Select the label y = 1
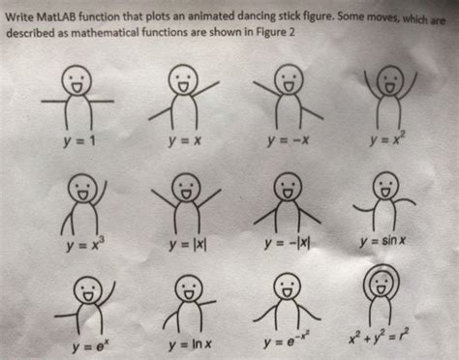[79, 141]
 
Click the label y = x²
[388, 139]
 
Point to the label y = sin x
[382, 241]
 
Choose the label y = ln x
[190, 344]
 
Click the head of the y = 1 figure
[76, 80]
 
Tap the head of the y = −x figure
[289, 78]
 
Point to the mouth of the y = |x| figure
[186, 195]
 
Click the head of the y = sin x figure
[385, 185]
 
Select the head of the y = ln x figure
[189, 287]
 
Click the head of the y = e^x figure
[87, 289]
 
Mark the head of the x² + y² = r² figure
[382, 283]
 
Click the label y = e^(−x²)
[288, 341]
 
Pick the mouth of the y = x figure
[183, 87]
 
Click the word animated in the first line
[196, 16]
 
